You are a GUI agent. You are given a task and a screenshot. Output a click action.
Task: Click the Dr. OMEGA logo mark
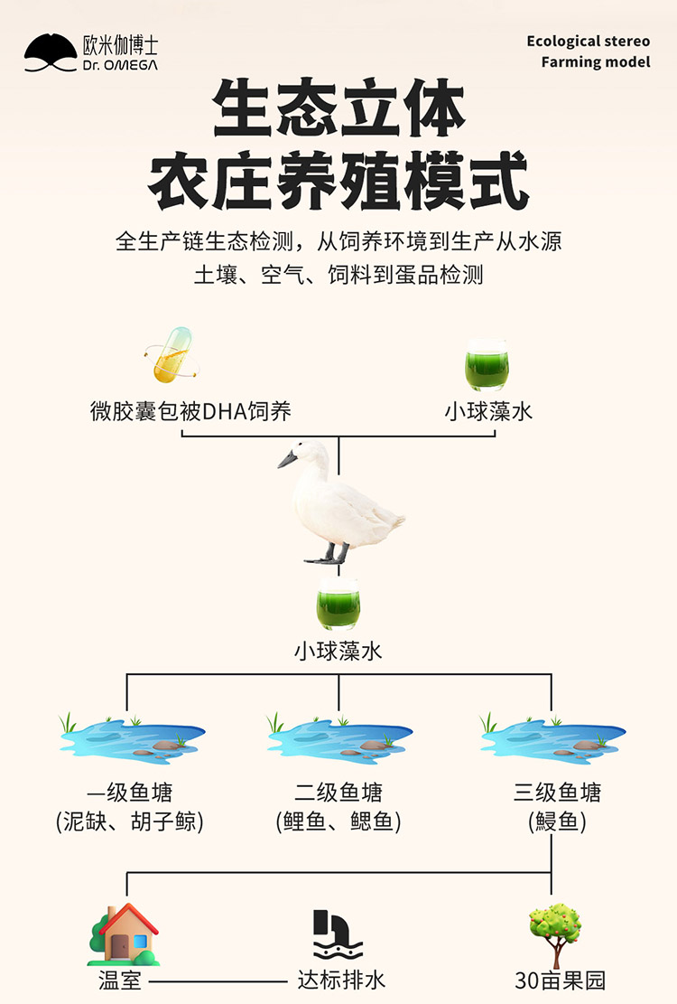tap(51, 53)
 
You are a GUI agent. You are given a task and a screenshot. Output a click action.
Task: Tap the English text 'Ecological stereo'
tap(588, 42)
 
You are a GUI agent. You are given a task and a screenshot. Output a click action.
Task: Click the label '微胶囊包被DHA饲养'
tap(190, 412)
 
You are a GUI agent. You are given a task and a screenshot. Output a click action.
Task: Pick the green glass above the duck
tap(487, 366)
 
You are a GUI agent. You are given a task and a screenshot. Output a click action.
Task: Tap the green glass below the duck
tap(338, 605)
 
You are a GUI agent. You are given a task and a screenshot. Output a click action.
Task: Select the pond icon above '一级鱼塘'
tap(131, 737)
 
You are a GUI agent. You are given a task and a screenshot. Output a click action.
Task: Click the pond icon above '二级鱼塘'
tap(338, 737)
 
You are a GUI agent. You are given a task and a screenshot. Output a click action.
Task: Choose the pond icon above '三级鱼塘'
tap(552, 737)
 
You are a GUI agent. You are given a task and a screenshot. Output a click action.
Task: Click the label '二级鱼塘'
tap(338, 793)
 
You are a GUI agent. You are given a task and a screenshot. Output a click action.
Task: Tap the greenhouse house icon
tap(124, 934)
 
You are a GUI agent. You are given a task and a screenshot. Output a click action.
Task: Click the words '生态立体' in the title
tap(338, 111)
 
